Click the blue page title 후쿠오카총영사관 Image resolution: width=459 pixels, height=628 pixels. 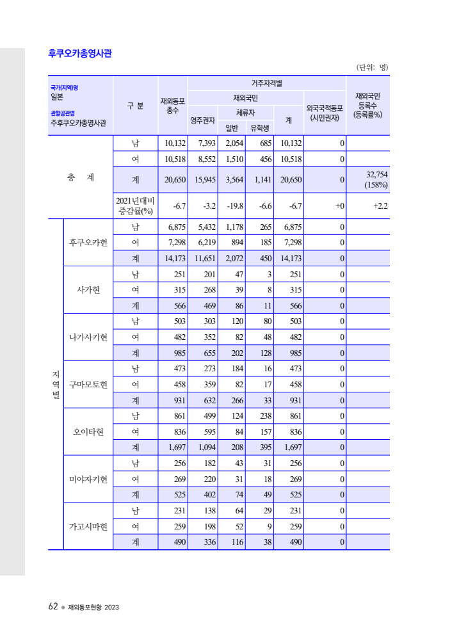click(80, 54)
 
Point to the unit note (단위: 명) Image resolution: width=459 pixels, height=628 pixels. click(373, 67)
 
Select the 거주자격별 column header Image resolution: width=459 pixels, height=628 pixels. click(266, 83)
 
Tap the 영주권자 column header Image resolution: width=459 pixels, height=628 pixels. click(202, 120)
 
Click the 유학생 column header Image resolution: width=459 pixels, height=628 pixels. click(259, 127)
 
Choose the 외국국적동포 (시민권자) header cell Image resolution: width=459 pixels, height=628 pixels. click(325, 113)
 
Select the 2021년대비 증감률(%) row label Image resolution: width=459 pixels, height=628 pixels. click(135, 205)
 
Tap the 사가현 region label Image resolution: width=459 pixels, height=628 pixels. click(88, 290)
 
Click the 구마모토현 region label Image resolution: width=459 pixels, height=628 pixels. click(88, 384)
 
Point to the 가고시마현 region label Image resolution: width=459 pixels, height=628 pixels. click(88, 526)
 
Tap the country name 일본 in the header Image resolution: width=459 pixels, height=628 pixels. click(57, 97)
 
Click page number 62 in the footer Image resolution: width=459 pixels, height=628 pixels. click(53, 606)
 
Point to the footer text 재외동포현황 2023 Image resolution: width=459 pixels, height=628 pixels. click(93, 607)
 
